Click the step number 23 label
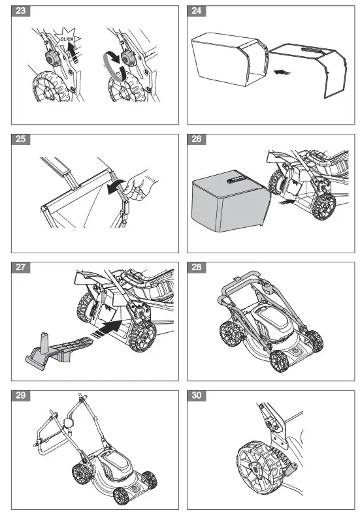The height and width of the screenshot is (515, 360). pos(21,11)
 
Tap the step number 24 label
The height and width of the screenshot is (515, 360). pos(197,11)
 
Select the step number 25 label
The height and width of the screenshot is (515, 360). pos(21,139)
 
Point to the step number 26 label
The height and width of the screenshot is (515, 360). pos(197,139)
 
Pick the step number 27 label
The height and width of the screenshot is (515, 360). pos(21,268)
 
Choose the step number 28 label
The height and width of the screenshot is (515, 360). pos(197,268)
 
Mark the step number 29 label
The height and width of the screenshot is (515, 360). pos(21,396)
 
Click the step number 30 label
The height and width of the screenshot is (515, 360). pos(197,396)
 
